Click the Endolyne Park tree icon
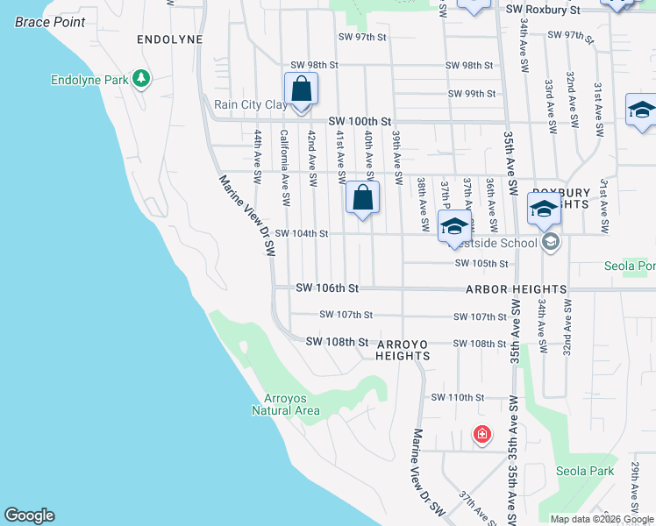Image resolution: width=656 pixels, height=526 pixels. coord(140,79)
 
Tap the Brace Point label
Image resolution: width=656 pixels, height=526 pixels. coord(50,20)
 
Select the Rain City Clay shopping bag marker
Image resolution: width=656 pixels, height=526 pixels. coord(301,90)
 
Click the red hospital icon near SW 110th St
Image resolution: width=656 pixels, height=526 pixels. coord(481,434)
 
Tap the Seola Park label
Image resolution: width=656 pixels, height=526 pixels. coord(585,471)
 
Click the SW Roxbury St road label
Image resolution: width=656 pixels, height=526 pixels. coord(544,10)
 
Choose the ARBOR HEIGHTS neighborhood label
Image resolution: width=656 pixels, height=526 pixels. coord(516,289)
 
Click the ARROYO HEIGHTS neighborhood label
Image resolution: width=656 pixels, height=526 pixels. coord(403,350)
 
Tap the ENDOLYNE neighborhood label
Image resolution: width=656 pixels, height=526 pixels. coord(170,40)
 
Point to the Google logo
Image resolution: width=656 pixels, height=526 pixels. coord(29,515)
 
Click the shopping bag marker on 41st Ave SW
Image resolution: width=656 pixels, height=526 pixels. coord(362,198)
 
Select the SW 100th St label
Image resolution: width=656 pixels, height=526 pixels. coord(359,122)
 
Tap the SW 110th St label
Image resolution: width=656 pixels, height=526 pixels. coord(457,397)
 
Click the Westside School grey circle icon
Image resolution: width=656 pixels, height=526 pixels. coord(551,243)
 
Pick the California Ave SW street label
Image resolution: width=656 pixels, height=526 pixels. coord(284,168)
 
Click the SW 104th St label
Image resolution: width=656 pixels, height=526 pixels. coord(301,234)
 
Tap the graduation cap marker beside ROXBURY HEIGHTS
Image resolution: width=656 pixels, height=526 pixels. coord(544,210)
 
